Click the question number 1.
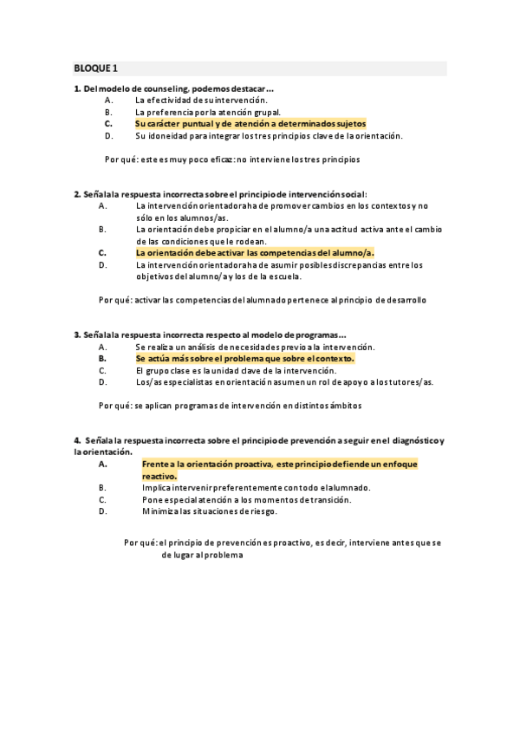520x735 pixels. (x=77, y=88)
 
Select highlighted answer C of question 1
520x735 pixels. (x=250, y=123)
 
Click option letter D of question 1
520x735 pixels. (x=108, y=135)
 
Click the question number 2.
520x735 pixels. (x=77, y=193)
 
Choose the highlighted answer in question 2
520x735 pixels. (x=255, y=252)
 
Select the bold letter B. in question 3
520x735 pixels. (x=102, y=357)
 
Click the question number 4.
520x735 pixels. (x=77, y=440)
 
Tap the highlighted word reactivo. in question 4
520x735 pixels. (x=159, y=476)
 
